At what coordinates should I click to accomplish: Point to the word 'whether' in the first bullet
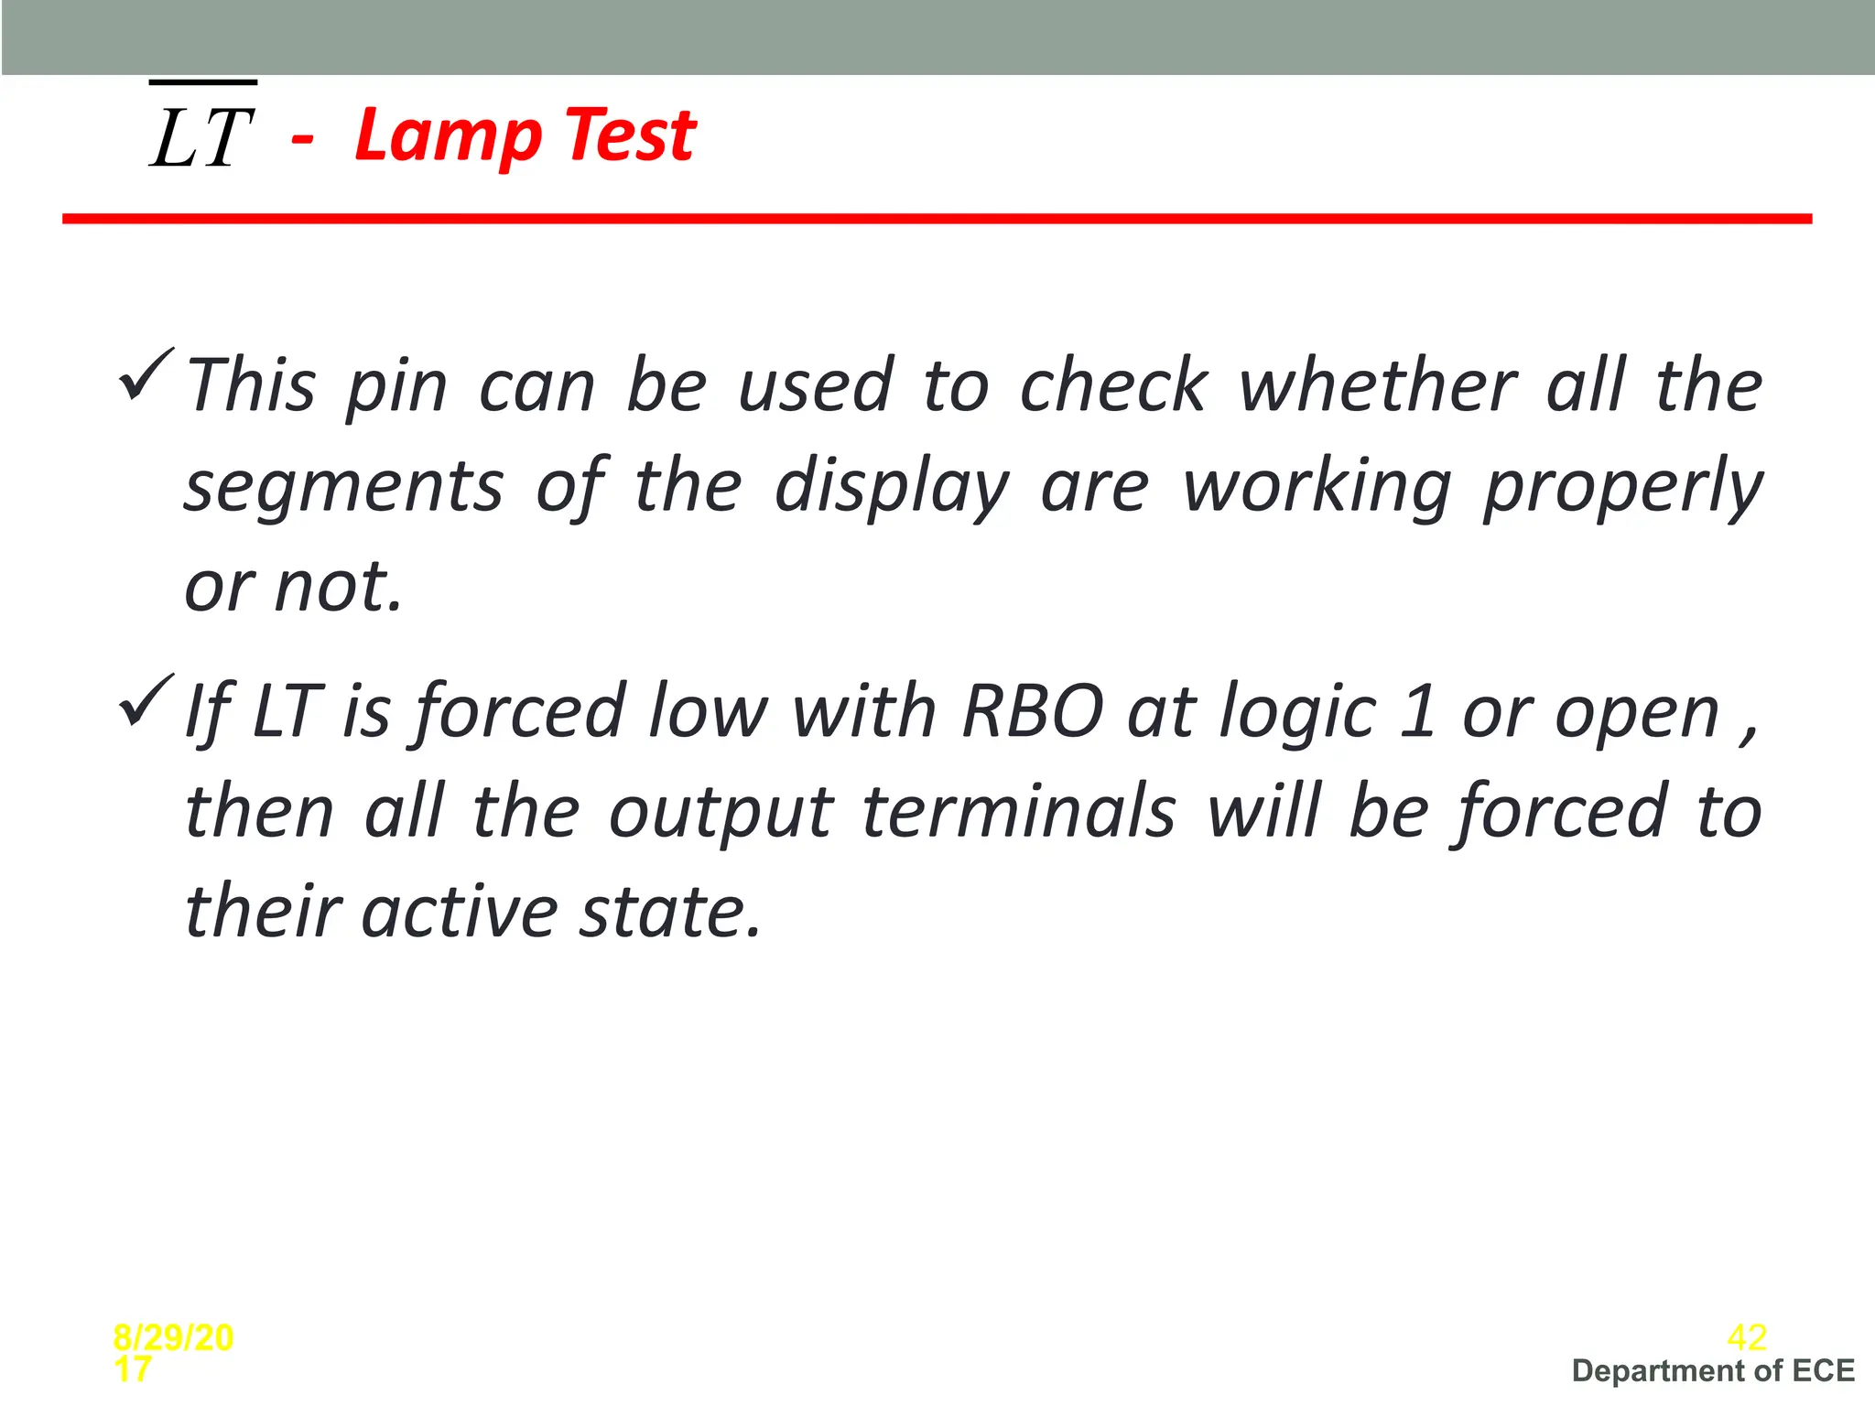pyautogui.click(x=1378, y=385)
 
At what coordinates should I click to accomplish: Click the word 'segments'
pyautogui.click(x=344, y=487)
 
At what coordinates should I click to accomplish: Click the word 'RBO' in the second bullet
pyautogui.click(x=1032, y=711)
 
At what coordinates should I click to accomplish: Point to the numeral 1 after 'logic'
pyautogui.click(x=1417, y=711)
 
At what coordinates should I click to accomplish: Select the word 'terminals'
pyautogui.click(x=1018, y=812)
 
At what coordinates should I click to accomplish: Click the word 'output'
pyautogui.click(x=721, y=814)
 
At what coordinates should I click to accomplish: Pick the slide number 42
pyautogui.click(x=1746, y=1338)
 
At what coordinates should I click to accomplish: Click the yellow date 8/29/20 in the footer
pyautogui.click(x=173, y=1338)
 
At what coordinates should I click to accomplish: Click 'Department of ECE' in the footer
pyautogui.click(x=1713, y=1371)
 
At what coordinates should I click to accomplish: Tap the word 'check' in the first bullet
pyautogui.click(x=1113, y=385)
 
